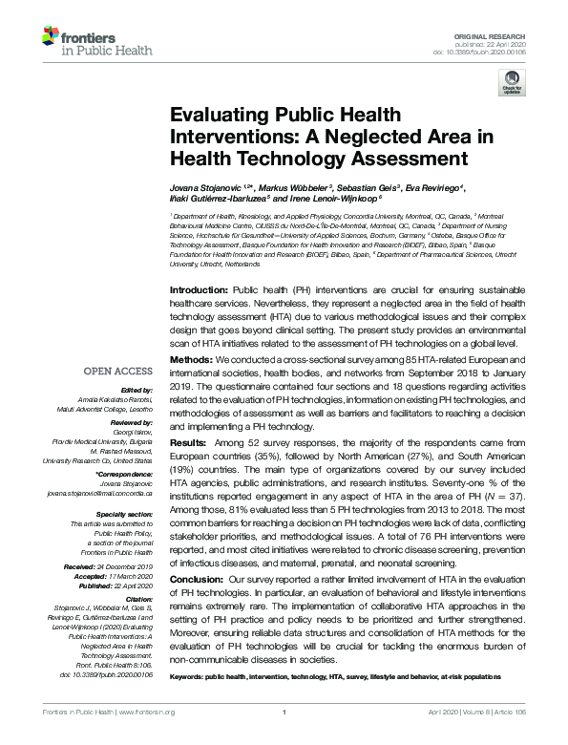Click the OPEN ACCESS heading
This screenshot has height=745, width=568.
point(117,370)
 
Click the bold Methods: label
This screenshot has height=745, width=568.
point(191,358)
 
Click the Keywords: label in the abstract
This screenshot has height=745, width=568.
point(191,674)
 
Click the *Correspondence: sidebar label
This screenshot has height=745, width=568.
point(124,476)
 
